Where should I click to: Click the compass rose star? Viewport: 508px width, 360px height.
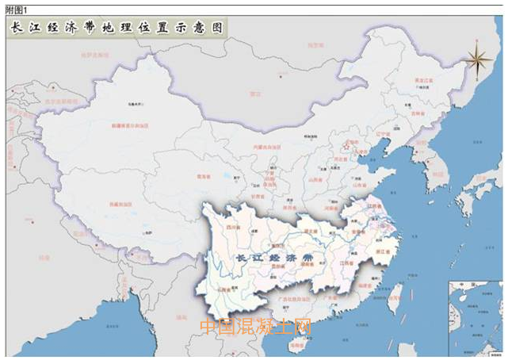477,57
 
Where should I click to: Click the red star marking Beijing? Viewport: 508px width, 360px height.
346,145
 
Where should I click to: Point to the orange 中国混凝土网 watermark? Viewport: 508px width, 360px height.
255,326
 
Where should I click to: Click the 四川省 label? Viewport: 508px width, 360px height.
234,228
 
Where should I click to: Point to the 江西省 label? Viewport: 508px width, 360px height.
346,262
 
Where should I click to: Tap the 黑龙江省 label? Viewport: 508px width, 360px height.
426,81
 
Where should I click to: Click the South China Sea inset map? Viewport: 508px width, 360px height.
475,317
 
